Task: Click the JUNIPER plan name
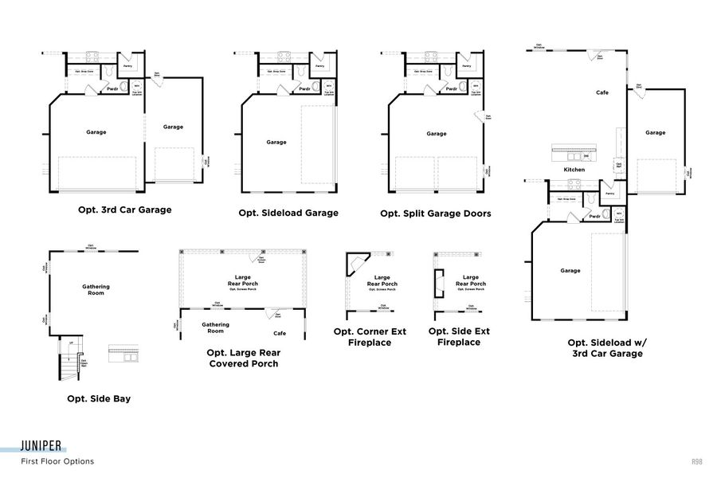coord(43,447)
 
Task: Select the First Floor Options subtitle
coord(57,461)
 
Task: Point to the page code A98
coord(696,461)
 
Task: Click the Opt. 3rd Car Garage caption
coord(124,210)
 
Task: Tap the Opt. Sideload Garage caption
coord(288,213)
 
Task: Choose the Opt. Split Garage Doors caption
coord(436,214)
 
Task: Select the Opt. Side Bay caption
coord(99,398)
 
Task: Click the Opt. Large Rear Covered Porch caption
coord(243,358)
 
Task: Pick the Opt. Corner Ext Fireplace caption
coord(370,337)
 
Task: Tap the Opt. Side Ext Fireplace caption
coord(459,336)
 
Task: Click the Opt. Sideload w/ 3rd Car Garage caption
coord(607,348)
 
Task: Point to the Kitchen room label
coord(574,170)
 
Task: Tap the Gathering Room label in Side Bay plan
coord(96,289)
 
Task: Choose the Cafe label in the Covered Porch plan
coord(280,333)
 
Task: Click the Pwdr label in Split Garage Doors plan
coord(452,88)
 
